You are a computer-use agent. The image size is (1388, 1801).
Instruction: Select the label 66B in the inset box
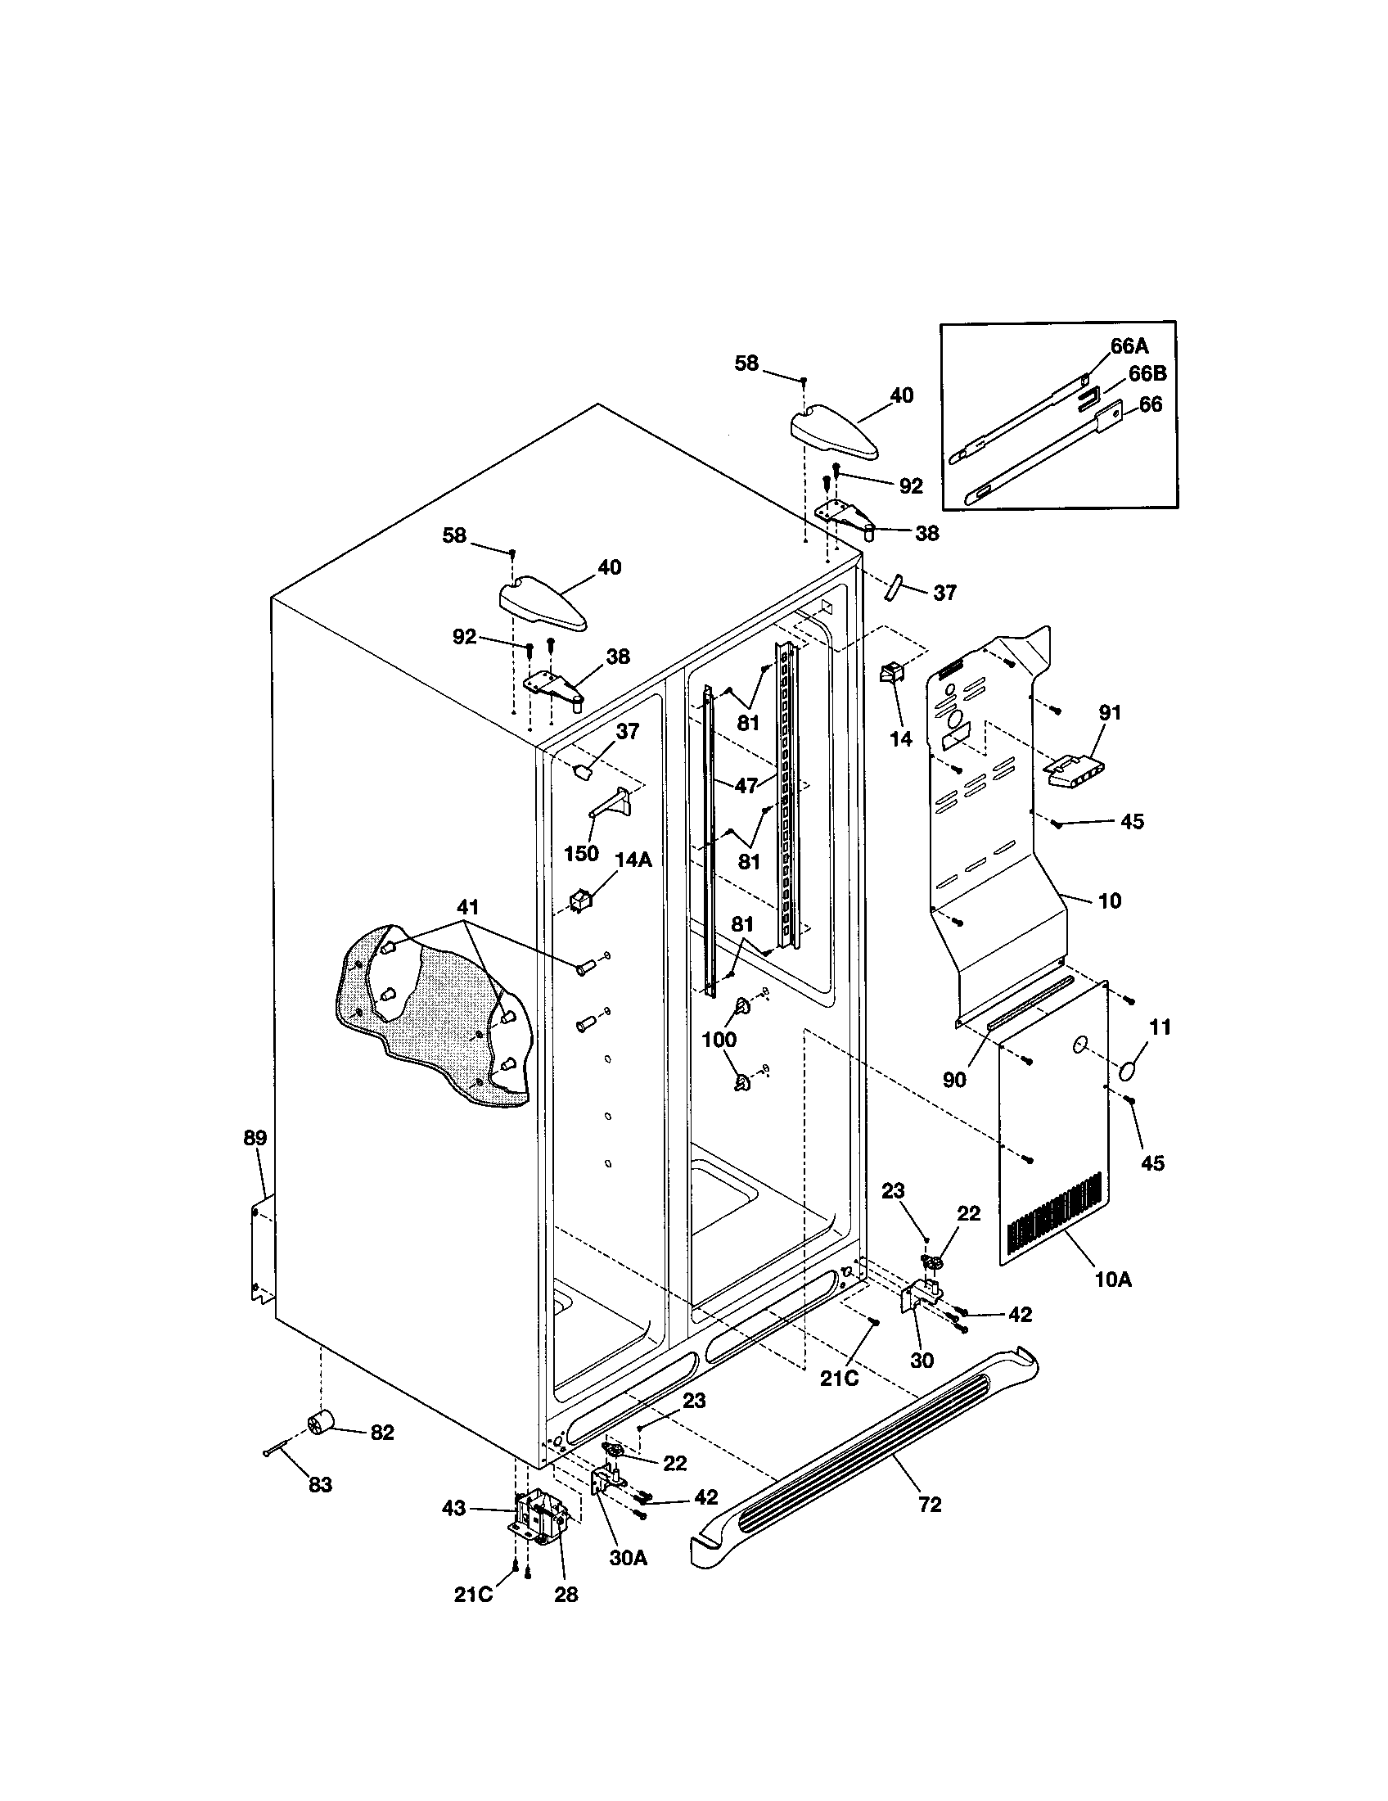click(x=1147, y=373)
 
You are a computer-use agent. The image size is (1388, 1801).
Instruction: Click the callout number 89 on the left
click(x=255, y=1139)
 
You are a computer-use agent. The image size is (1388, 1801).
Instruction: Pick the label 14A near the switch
click(x=633, y=860)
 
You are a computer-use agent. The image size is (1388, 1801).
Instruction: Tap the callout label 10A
click(x=1113, y=1280)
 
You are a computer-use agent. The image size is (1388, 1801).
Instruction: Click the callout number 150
click(x=581, y=853)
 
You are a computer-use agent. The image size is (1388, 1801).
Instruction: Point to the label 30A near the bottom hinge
click(x=628, y=1559)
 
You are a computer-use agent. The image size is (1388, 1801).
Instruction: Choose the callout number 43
click(x=453, y=1507)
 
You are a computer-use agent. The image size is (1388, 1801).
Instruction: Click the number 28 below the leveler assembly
click(x=566, y=1594)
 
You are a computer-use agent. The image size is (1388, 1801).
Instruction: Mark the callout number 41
click(x=467, y=907)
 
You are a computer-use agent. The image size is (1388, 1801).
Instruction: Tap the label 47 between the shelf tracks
click(x=746, y=786)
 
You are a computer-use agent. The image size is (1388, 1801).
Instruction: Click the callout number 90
click(x=954, y=1079)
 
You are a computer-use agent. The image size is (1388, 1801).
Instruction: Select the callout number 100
click(x=719, y=1040)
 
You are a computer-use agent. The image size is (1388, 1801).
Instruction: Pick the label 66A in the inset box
click(x=1129, y=346)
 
